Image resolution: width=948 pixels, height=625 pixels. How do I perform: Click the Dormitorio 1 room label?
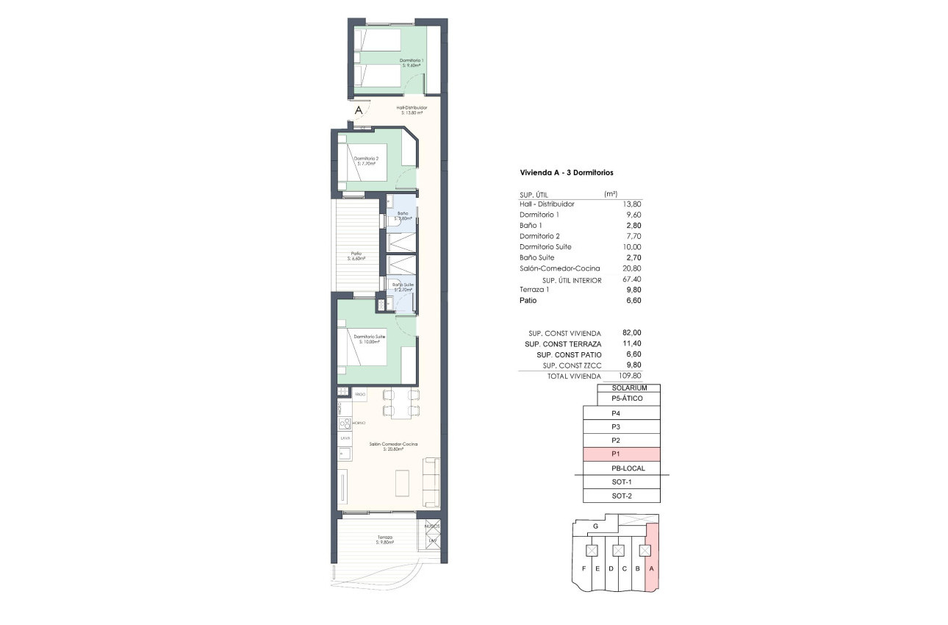click(412, 63)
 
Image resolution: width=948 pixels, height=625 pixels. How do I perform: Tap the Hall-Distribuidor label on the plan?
click(412, 110)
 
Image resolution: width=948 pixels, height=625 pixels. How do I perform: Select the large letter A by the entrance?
click(359, 110)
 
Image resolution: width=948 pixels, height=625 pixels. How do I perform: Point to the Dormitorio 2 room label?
click(366, 161)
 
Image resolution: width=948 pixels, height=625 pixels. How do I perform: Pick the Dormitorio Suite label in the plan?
click(370, 339)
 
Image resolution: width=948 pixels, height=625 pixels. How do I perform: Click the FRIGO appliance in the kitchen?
click(359, 395)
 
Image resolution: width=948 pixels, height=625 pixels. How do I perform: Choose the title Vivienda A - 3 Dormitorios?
click(567, 172)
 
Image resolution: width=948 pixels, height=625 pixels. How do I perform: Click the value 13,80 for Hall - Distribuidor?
click(631, 204)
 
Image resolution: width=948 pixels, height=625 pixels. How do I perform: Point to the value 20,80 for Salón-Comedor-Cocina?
click(631, 269)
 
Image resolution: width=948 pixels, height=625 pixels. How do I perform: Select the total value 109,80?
click(629, 376)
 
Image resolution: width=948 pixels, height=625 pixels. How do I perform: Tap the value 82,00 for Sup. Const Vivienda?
click(631, 332)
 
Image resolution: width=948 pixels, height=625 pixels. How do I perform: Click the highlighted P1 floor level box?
click(622, 454)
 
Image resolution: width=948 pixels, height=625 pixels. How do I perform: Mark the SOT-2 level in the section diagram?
click(622, 496)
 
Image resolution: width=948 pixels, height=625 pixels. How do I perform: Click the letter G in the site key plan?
click(595, 526)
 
